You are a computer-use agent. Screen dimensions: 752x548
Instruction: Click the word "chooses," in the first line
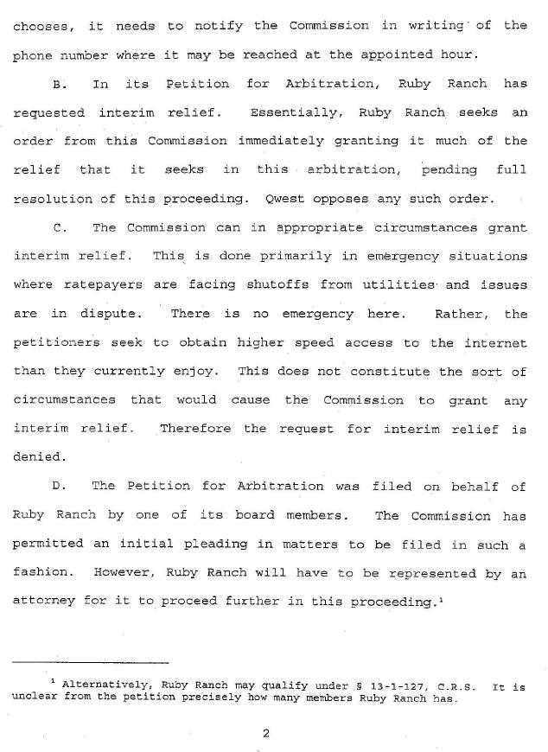click(x=41, y=25)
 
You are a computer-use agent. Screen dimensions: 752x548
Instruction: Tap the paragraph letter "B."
click(x=58, y=84)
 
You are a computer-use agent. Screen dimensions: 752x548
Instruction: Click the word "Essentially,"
click(x=293, y=112)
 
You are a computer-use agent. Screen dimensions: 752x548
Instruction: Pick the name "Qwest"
click(x=286, y=199)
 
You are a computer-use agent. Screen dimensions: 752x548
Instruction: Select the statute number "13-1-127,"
click(x=375, y=687)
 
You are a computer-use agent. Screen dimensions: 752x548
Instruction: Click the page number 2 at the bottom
click(x=266, y=734)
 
